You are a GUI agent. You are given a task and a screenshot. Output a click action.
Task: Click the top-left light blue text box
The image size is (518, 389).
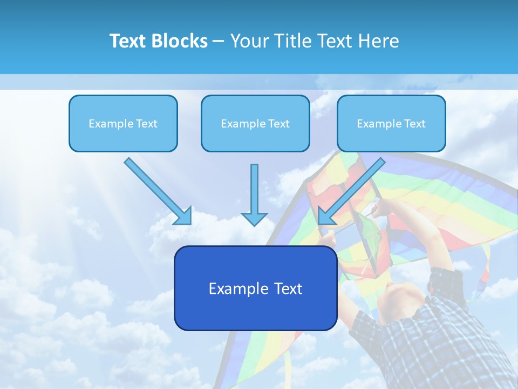(123, 123)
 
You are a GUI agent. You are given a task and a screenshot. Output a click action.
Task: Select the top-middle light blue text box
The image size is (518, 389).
(255, 123)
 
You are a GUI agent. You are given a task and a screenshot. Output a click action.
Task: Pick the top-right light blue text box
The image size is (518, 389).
(391, 123)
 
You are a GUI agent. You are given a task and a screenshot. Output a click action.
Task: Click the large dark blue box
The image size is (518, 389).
(255, 288)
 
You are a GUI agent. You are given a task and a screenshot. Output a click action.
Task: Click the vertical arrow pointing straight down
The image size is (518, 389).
(254, 192)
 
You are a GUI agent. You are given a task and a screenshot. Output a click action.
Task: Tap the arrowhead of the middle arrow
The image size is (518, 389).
(254, 219)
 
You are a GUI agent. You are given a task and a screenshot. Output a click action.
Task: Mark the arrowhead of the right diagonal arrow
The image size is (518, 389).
(325, 216)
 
